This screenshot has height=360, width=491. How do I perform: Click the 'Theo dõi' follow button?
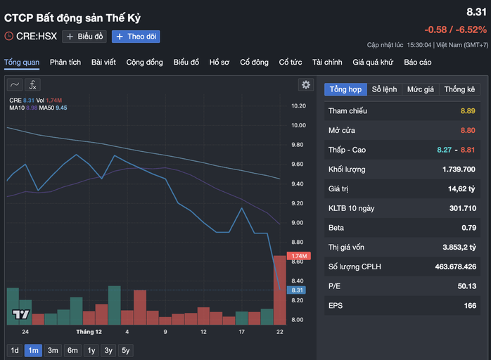click(x=136, y=37)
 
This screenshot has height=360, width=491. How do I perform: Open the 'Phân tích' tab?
click(x=65, y=63)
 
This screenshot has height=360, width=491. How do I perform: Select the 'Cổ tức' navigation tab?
click(x=291, y=63)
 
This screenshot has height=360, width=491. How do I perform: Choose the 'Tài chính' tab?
click(x=327, y=63)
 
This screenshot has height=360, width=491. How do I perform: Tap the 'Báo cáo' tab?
click(x=418, y=63)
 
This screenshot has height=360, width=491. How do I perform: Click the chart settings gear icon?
click(x=305, y=85)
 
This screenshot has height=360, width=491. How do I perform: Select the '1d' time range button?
click(x=14, y=350)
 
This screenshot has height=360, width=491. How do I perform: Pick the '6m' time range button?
click(x=72, y=350)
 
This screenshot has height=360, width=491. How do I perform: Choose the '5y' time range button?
click(x=125, y=350)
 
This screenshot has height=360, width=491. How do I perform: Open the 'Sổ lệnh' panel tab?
click(x=385, y=89)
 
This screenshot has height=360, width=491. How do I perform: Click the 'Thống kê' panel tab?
click(x=459, y=89)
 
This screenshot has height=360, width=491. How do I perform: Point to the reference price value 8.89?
click(x=468, y=111)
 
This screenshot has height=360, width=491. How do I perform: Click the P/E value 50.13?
click(x=465, y=287)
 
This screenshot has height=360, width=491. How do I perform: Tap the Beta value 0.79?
click(x=469, y=228)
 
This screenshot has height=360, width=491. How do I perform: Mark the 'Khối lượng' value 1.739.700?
click(x=459, y=169)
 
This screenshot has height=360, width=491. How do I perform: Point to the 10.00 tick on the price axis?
click(x=298, y=125)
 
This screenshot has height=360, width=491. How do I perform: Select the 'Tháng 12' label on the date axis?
click(x=89, y=331)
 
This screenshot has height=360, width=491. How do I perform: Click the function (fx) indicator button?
click(x=33, y=85)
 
